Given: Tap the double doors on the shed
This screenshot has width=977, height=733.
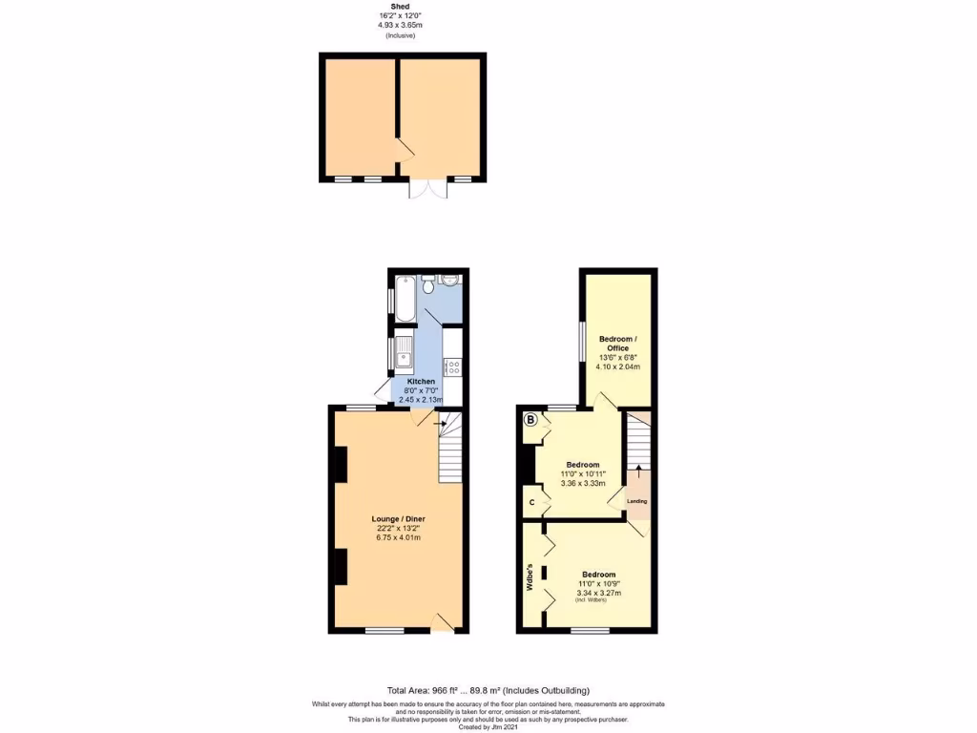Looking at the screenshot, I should (426, 188).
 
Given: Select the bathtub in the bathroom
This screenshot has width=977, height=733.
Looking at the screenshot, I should (404, 299).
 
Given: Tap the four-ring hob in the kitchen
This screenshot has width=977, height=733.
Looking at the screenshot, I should (452, 366).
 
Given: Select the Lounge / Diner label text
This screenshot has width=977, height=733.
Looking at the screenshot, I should (398, 520).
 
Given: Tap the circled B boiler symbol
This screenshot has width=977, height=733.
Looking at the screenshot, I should (530, 418).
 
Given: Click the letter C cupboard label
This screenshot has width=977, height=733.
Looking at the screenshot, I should (530, 501).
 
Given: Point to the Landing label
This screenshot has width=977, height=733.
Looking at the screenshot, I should (636, 500).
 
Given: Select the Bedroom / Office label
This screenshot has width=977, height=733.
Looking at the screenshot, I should (617, 344).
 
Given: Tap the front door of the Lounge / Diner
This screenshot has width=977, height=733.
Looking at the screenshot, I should (442, 623).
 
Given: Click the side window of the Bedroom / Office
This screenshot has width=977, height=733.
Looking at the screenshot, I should (582, 336).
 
